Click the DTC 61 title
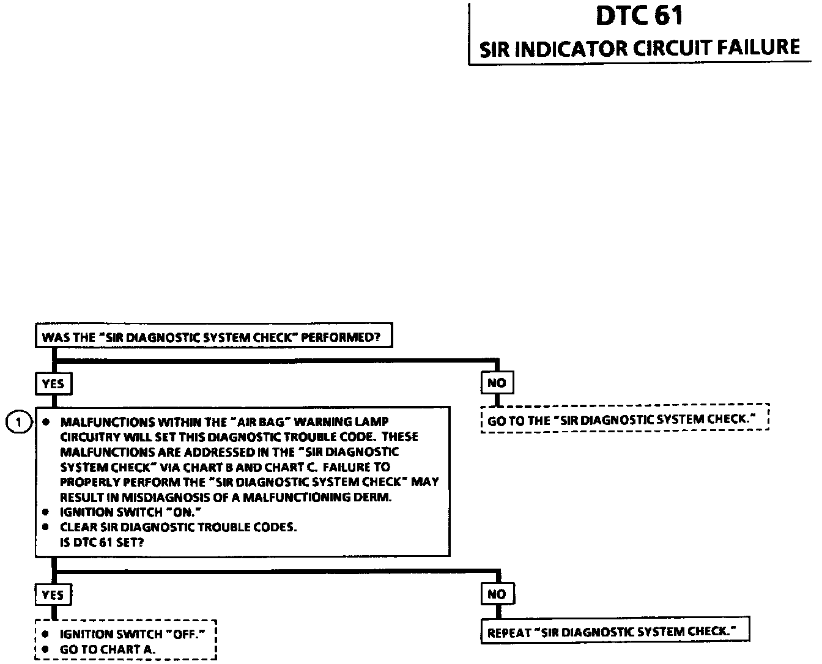pos(639,16)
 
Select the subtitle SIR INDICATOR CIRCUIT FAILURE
pos(640,48)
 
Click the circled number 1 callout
pos(19,422)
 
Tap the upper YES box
pos(53,384)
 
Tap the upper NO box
pos(497,383)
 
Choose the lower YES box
pos(53,594)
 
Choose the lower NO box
pos(497,594)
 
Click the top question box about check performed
pos(213,337)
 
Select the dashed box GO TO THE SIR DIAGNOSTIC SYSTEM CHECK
pos(624,420)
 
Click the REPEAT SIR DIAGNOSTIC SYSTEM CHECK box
pos(615,632)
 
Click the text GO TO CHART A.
pos(107,649)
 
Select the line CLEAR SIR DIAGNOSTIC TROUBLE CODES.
pos(178,527)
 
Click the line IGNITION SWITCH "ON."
pos(130,512)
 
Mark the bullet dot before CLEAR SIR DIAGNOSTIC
pos(45,527)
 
